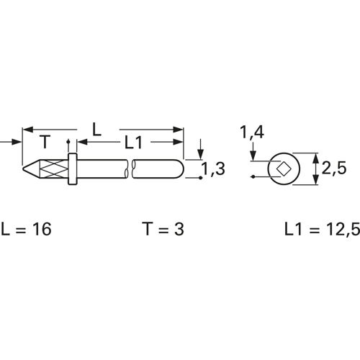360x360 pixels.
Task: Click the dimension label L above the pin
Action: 96,130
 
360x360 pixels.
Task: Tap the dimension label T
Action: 45,142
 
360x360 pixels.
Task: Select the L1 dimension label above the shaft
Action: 133,143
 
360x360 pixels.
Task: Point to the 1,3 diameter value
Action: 213,168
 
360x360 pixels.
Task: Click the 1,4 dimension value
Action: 252,132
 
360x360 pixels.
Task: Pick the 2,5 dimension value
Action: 334,168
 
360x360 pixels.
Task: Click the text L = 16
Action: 27,229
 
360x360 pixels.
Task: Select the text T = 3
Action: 164,229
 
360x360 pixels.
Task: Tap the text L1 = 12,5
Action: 322,230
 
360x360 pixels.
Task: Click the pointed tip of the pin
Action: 23,168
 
